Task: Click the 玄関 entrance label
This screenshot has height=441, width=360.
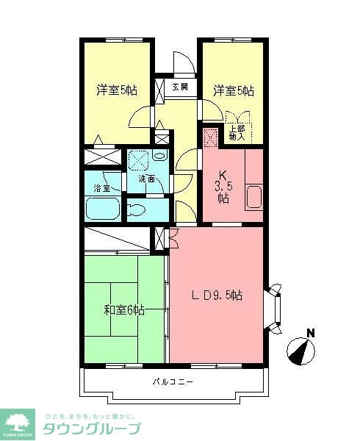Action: (x=181, y=87)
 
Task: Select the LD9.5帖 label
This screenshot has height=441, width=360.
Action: (x=217, y=295)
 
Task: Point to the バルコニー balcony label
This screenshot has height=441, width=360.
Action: (x=173, y=382)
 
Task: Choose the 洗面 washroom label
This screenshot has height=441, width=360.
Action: (x=146, y=179)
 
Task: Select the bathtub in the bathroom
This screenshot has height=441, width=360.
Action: (x=104, y=209)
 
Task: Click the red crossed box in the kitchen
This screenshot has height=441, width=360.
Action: (x=209, y=137)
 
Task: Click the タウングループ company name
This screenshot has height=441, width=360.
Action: (x=92, y=429)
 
